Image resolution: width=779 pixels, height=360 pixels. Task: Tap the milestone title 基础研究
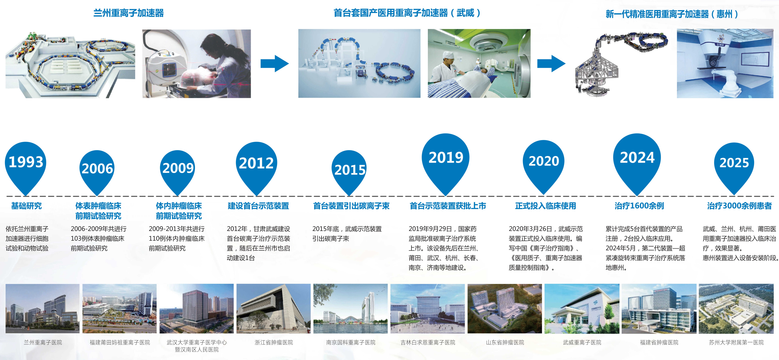[26, 206]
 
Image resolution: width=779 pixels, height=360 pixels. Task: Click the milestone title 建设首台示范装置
[258, 206]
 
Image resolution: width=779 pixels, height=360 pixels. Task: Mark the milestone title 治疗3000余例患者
[739, 206]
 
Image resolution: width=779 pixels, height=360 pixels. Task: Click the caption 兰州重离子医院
[43, 342]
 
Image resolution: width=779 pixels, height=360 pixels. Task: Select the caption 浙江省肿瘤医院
[274, 342]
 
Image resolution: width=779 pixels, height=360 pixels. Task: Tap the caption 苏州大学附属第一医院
[736, 342]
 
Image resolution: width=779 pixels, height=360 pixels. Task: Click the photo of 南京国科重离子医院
[350, 309]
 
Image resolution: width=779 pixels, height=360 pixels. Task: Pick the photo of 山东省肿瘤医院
[505, 309]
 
